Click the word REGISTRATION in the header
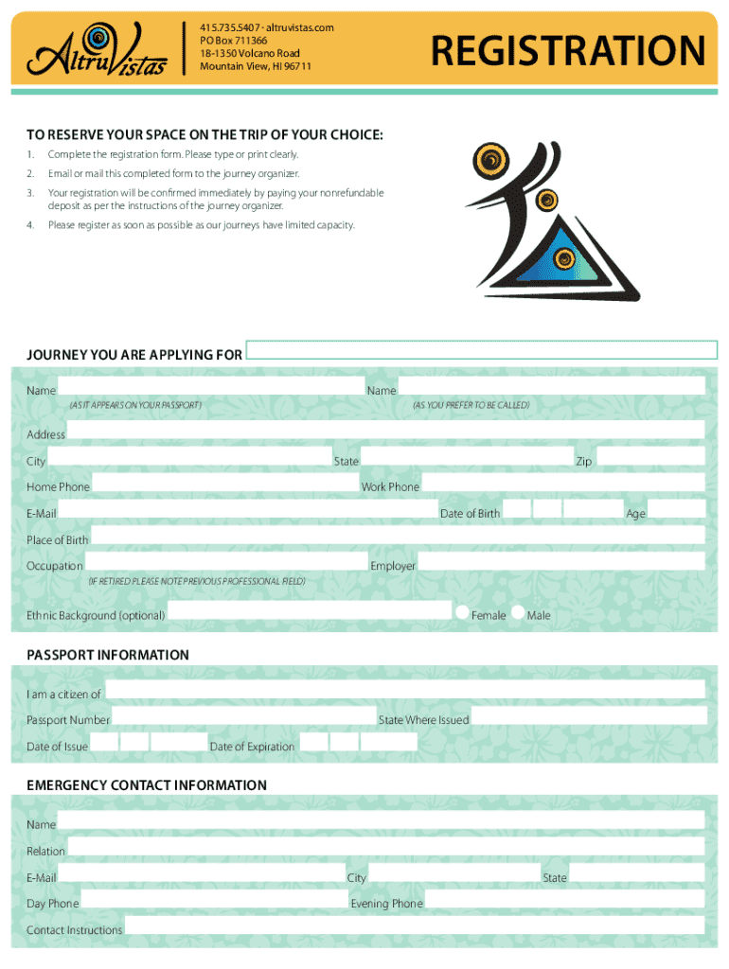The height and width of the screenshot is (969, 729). (x=568, y=51)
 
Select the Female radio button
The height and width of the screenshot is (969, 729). (x=463, y=612)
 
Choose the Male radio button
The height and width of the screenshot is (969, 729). (x=518, y=612)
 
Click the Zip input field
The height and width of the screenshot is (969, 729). (x=650, y=457)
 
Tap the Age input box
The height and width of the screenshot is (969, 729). (x=676, y=509)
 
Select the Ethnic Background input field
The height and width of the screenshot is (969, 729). (x=310, y=611)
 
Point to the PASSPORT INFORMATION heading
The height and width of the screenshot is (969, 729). (x=108, y=655)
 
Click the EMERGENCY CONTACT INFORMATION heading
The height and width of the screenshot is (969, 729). (x=147, y=785)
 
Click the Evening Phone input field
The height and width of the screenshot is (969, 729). (x=564, y=899)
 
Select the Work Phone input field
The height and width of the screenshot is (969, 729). (x=562, y=483)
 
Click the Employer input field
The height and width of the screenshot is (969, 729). (x=561, y=561)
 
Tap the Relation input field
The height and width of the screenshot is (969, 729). (x=385, y=847)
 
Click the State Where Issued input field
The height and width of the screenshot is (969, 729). (x=588, y=716)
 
